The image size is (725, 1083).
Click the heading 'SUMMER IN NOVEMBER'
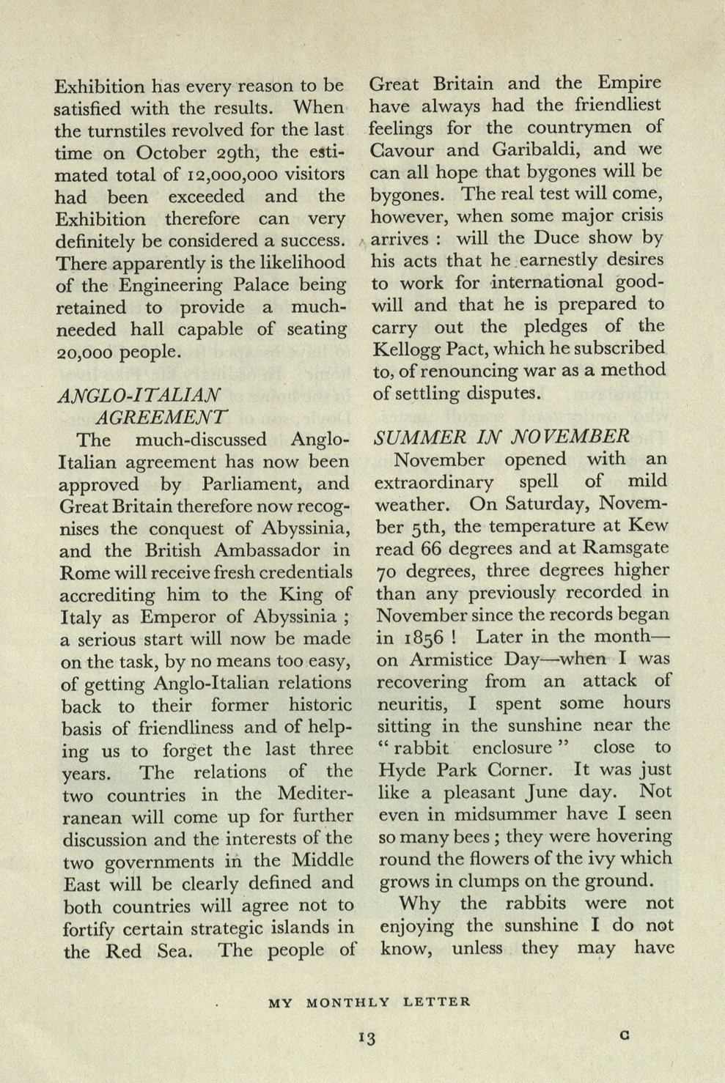501,437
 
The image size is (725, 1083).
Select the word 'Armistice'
453,659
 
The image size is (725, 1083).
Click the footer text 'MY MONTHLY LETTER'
369,1002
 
